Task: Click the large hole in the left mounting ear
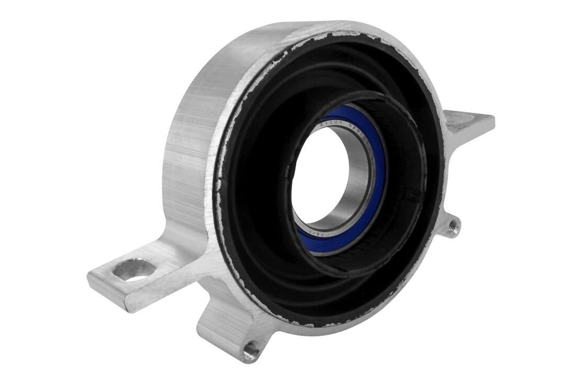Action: [134, 270]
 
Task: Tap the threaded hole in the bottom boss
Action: [252, 349]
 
